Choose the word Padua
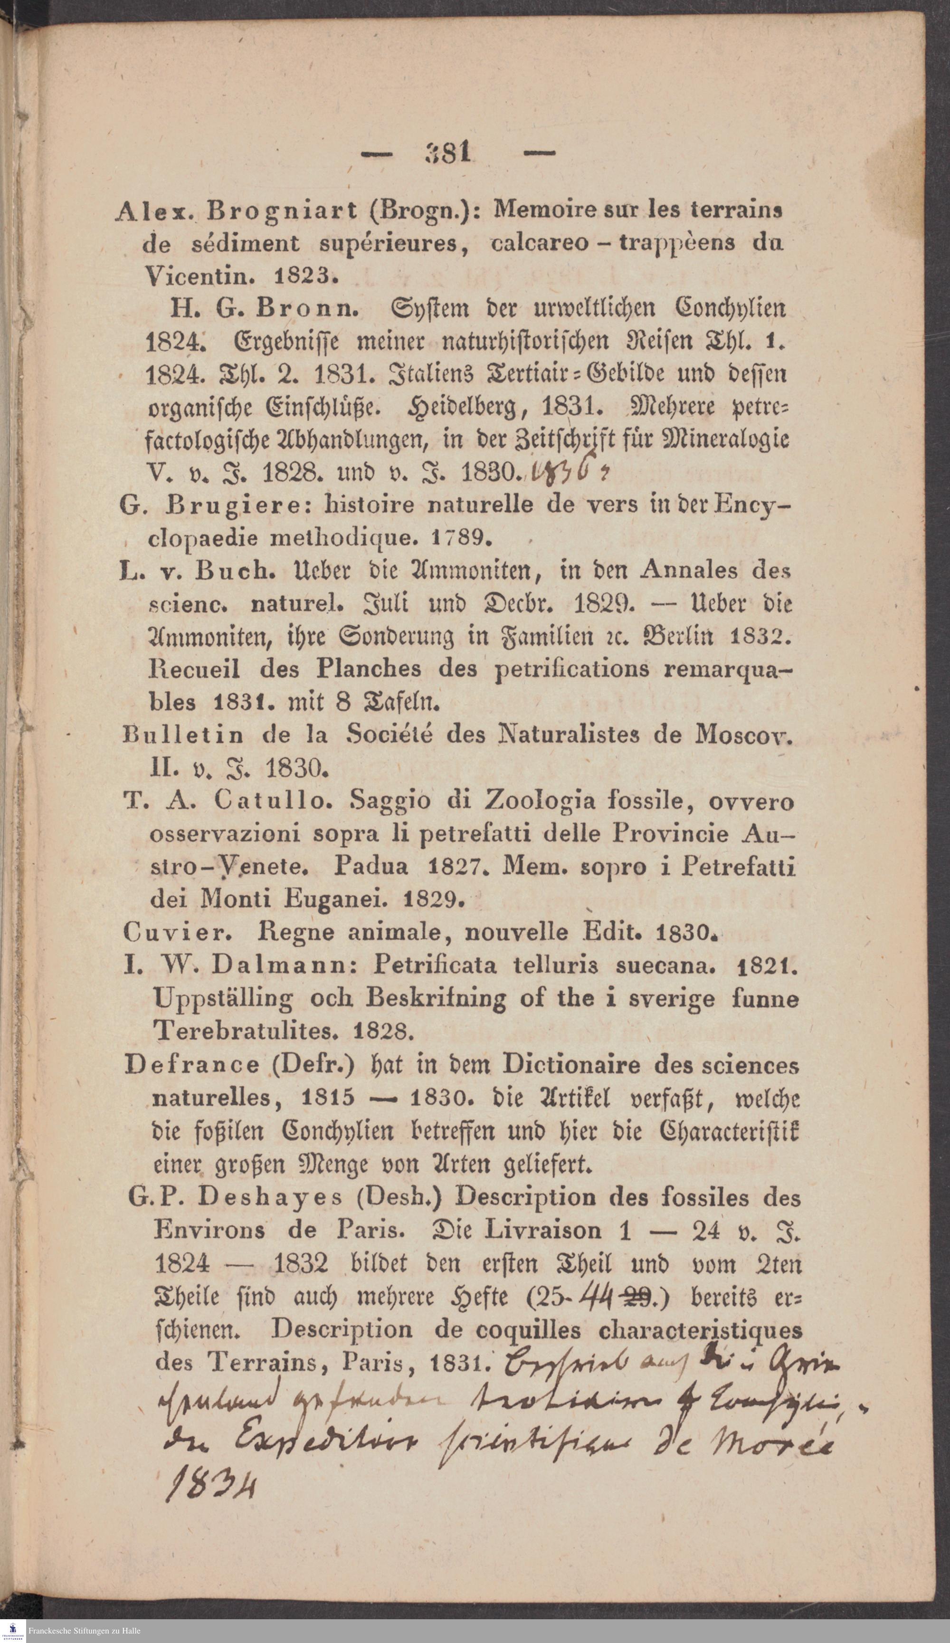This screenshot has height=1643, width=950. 371,867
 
